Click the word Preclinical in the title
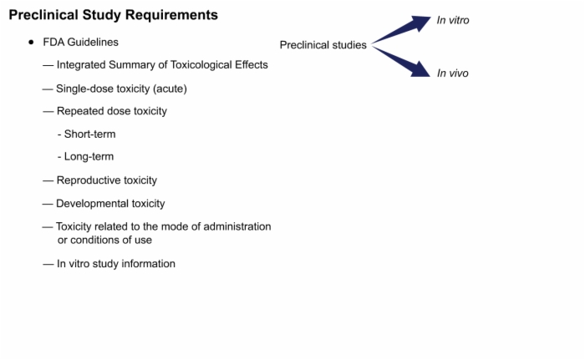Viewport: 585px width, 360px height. (43, 15)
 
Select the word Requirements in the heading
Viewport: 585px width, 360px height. (171, 16)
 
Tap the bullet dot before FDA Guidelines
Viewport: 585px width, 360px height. (31, 42)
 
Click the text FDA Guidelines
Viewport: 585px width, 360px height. (80, 42)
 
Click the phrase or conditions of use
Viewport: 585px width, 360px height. (104, 240)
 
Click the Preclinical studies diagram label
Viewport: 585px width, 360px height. (323, 45)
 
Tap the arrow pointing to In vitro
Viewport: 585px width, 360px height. (401, 29)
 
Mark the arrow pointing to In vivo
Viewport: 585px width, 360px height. (401, 62)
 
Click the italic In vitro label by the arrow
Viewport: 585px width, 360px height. (453, 20)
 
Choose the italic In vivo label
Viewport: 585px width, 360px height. (453, 74)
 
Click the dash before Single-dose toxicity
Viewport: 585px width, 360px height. (48, 89)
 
